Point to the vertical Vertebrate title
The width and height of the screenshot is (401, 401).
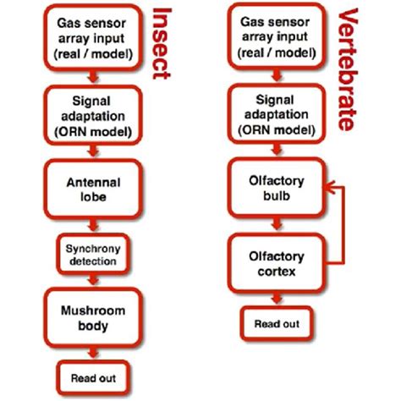tap(347, 68)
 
